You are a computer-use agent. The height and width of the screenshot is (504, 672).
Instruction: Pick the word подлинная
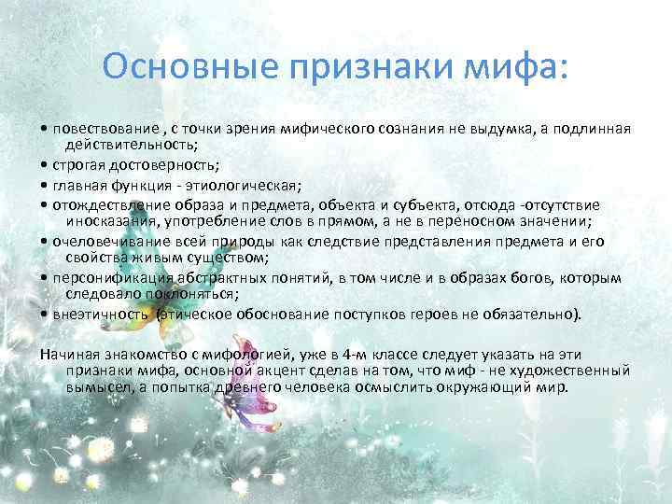[589, 128]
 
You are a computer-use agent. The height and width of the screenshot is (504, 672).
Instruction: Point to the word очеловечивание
[103, 240]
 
